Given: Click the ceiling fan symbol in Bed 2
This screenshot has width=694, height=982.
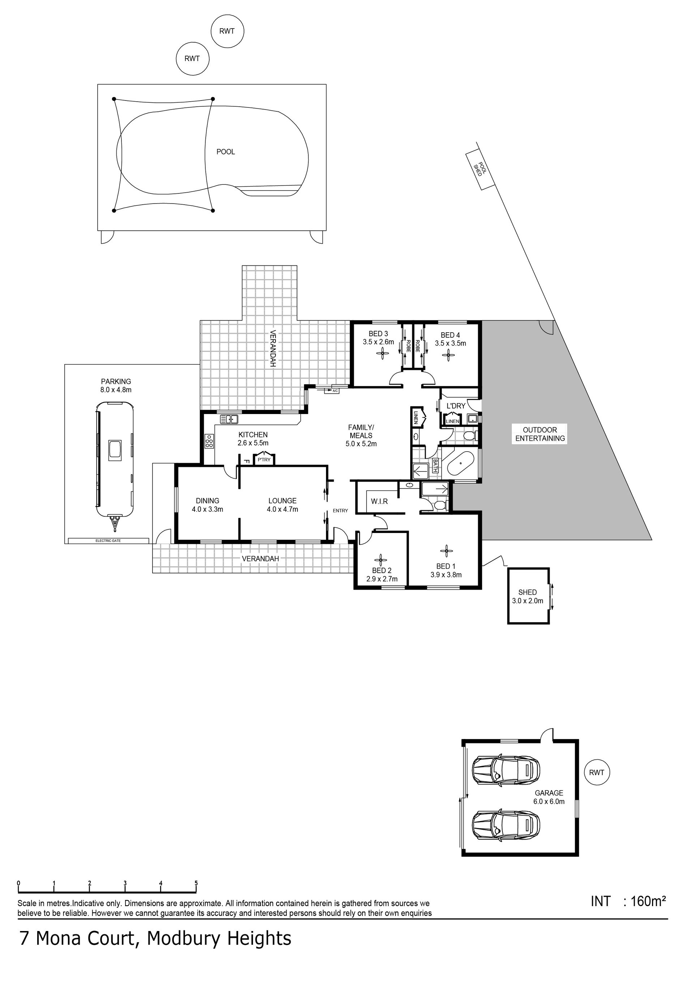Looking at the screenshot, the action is coord(380,559).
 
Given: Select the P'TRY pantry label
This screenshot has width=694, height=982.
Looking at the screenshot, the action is coord(264,460).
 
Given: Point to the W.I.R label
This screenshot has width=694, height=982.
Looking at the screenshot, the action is coord(379,501).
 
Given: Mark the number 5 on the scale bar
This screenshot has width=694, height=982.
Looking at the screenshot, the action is coord(196,883).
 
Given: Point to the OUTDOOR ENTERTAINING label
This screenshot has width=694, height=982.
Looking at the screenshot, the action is coord(540,434).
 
